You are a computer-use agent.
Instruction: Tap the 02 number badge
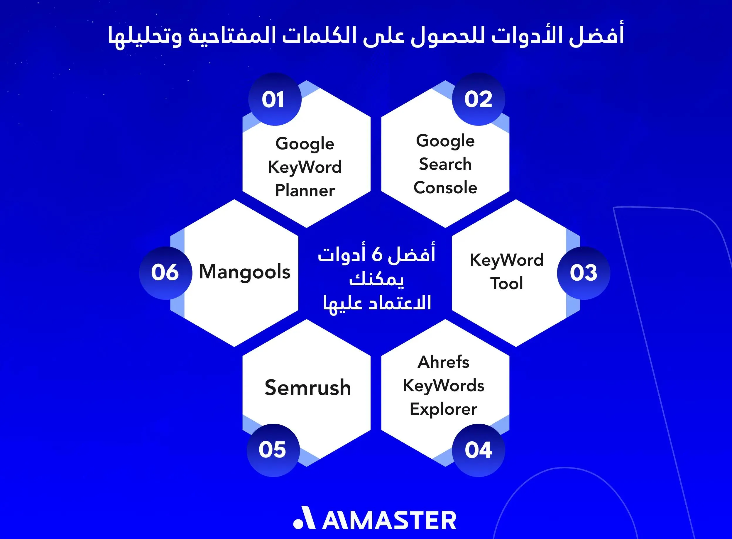pyautogui.click(x=478, y=99)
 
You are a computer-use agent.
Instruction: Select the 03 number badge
pyautogui.click(x=583, y=273)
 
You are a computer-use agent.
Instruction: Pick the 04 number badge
pyautogui.click(x=478, y=450)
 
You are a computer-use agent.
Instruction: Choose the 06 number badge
pyautogui.click(x=165, y=273)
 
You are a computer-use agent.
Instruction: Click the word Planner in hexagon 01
pyautogui.click(x=305, y=191)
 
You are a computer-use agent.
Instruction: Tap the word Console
pyautogui.click(x=445, y=188)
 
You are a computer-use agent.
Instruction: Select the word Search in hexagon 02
pyautogui.click(x=445, y=164)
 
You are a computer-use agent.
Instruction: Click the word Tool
pyautogui.click(x=506, y=283)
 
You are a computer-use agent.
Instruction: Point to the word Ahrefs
pyautogui.click(x=443, y=362)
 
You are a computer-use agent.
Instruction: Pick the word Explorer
pyautogui.click(x=443, y=409)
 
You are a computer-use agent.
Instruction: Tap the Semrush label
pyautogui.click(x=307, y=388)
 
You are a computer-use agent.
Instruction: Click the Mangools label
pyautogui.click(x=244, y=272)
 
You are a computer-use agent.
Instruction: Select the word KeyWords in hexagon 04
pyautogui.click(x=443, y=386)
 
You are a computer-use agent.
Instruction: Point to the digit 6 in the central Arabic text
pyautogui.click(x=377, y=254)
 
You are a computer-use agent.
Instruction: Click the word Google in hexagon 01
pyautogui.click(x=305, y=144)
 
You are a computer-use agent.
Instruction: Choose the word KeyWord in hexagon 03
pyautogui.click(x=506, y=260)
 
